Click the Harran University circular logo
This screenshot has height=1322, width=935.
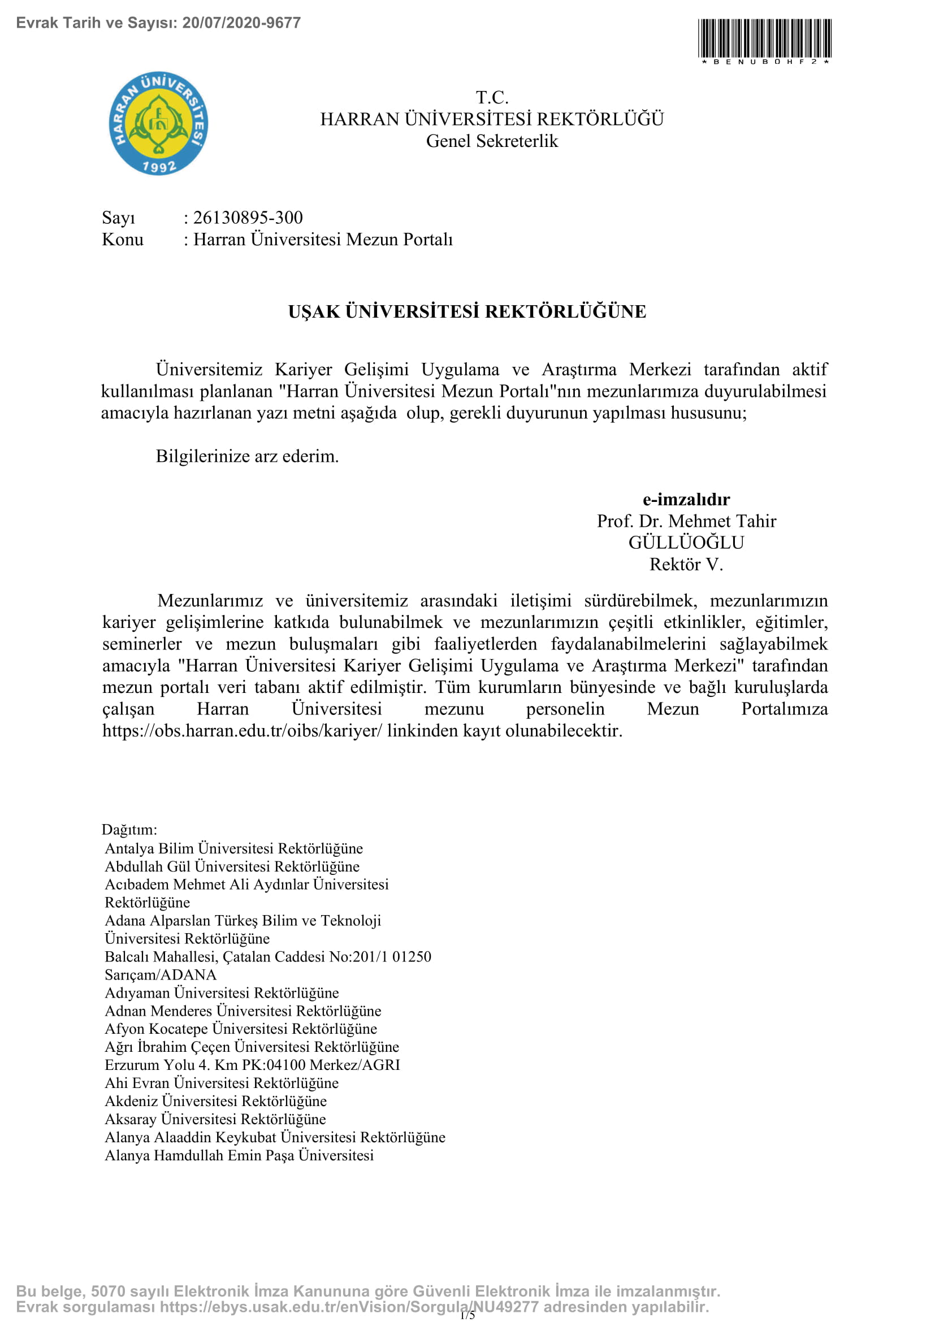[x=158, y=123]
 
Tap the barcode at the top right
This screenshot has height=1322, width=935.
[x=765, y=38]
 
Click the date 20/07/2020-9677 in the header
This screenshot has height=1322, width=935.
[x=241, y=23]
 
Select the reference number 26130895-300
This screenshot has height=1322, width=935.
[x=248, y=218]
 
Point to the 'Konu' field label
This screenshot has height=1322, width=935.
[x=123, y=240]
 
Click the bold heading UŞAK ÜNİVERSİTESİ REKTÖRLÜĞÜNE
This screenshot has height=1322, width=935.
[x=467, y=311]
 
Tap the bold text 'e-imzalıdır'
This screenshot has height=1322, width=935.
[x=686, y=499]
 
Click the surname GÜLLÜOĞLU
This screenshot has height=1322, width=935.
[x=686, y=543]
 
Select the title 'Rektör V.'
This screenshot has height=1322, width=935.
[x=686, y=564]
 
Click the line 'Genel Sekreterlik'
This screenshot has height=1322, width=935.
[x=492, y=141]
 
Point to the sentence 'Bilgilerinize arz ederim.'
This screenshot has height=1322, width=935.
[x=247, y=456]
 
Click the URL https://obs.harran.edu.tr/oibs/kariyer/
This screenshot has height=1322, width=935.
[x=243, y=731]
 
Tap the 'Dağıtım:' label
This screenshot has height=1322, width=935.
[x=129, y=830]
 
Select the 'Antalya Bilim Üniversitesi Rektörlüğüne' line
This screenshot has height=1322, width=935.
[x=234, y=848]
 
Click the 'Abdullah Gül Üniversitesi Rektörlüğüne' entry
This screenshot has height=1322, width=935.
[x=232, y=866]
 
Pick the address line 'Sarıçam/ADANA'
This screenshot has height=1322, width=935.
[x=161, y=975]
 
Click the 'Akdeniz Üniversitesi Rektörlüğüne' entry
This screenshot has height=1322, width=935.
[x=216, y=1101]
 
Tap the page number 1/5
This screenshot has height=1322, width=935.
[x=467, y=1315]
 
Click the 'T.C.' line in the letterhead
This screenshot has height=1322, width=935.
[x=492, y=97]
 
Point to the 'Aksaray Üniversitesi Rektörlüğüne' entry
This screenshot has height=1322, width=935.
[x=215, y=1119]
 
